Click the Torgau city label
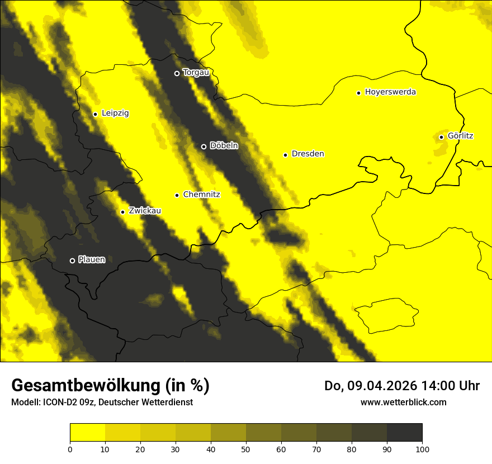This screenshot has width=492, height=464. (x=196, y=73)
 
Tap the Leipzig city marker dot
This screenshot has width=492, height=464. (x=95, y=114)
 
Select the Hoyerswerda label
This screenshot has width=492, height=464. (x=390, y=92)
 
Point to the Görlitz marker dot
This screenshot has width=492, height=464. (x=441, y=137)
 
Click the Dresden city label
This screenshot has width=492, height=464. (x=307, y=154)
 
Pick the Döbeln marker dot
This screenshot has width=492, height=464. (x=204, y=146)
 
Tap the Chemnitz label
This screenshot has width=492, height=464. (x=201, y=195)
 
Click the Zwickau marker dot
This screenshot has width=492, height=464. (x=122, y=212)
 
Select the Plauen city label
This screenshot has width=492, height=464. (x=92, y=259)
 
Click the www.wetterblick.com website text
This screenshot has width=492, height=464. (x=403, y=402)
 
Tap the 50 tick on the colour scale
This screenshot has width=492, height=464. (x=246, y=449)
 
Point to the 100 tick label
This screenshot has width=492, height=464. (x=422, y=449)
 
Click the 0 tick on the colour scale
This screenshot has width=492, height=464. (x=70, y=449)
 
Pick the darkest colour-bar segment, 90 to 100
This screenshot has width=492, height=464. (x=404, y=433)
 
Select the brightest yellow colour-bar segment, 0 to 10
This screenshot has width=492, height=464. (x=87, y=433)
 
